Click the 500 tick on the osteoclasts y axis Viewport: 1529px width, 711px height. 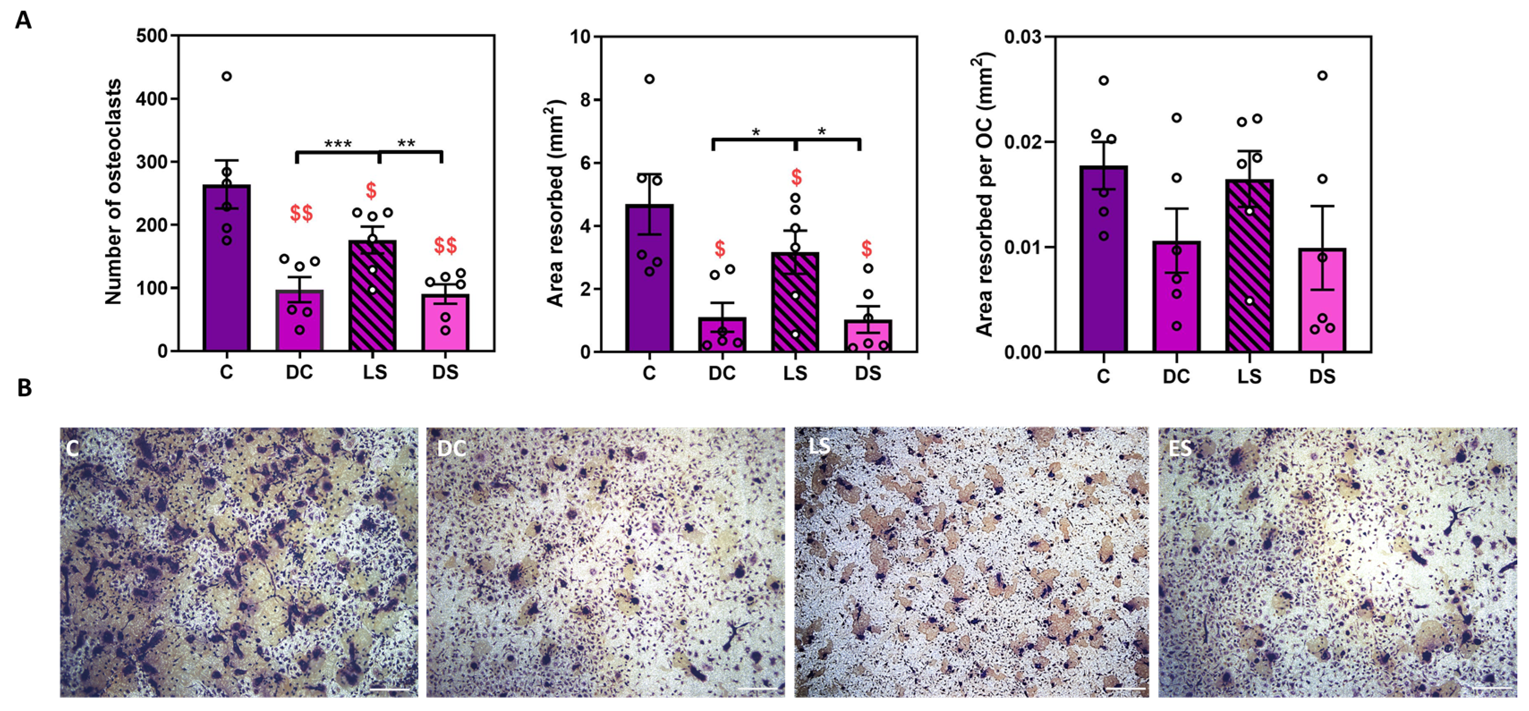click(152, 36)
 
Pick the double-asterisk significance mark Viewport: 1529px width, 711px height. click(406, 143)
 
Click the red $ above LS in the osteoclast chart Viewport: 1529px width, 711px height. click(371, 190)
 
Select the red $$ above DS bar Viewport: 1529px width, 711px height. click(445, 245)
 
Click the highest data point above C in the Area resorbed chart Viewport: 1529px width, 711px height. click(650, 79)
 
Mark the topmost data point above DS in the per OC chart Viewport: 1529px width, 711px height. click(1322, 76)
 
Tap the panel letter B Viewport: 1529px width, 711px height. click(24, 388)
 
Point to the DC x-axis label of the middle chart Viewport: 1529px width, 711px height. click(722, 373)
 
